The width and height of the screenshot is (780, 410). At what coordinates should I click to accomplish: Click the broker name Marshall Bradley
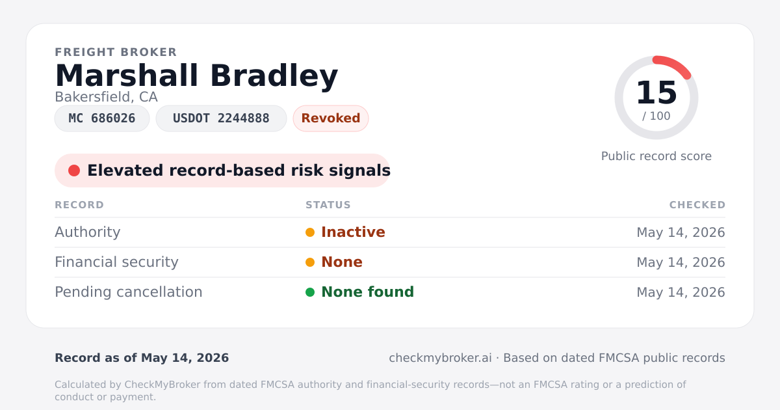click(x=196, y=76)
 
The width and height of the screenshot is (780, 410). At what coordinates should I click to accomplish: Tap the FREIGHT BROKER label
click(x=116, y=52)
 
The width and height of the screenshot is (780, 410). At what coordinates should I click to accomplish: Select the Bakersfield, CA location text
click(x=106, y=97)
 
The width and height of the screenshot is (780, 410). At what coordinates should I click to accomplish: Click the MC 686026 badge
click(x=102, y=118)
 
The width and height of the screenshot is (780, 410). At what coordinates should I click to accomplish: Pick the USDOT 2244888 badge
click(x=221, y=118)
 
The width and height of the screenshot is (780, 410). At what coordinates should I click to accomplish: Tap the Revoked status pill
click(x=331, y=118)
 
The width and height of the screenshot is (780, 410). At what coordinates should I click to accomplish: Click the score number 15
click(x=656, y=92)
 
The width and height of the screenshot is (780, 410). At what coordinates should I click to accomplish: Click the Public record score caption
click(x=656, y=156)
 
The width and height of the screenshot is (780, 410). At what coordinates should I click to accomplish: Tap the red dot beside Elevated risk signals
click(x=74, y=171)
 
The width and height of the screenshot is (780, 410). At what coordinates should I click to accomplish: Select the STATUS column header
click(x=328, y=205)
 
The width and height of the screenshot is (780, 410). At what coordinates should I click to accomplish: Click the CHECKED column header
click(x=697, y=205)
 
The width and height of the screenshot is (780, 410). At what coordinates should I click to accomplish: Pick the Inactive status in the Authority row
click(x=353, y=232)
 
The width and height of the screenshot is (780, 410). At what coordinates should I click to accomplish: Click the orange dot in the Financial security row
click(x=310, y=262)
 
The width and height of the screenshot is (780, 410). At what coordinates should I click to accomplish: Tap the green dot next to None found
click(x=310, y=292)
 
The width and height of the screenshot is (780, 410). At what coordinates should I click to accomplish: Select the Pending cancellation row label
click(x=129, y=292)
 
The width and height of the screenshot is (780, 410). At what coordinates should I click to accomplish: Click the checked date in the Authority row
click(x=681, y=232)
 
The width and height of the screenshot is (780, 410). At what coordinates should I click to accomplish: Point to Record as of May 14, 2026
click(x=142, y=358)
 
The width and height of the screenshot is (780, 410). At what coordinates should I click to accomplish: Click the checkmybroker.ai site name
click(x=441, y=358)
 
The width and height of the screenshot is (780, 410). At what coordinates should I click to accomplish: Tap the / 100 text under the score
click(x=656, y=116)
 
